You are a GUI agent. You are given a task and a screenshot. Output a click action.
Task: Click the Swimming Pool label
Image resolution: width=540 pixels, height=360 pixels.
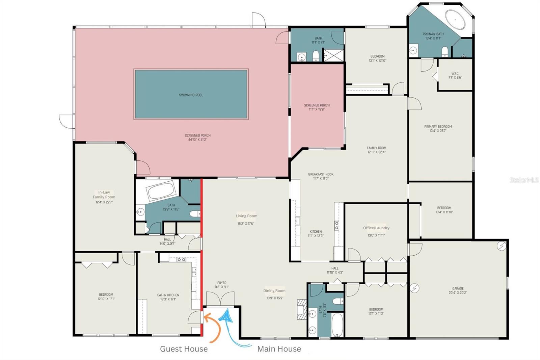191,95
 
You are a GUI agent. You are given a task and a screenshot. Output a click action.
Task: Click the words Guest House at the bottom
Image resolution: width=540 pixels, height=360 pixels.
184,349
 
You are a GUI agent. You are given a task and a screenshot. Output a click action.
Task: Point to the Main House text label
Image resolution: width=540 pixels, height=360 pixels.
279,349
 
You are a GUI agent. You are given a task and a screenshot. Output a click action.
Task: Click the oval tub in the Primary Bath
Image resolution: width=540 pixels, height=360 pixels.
455,19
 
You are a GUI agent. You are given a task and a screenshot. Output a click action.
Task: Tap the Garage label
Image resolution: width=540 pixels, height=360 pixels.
458,290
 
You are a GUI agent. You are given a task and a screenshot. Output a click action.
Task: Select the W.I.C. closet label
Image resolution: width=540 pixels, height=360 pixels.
455,75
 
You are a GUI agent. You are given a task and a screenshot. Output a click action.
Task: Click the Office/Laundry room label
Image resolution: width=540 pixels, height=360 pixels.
376,228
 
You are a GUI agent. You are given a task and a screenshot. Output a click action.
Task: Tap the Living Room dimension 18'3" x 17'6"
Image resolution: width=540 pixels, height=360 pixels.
245,224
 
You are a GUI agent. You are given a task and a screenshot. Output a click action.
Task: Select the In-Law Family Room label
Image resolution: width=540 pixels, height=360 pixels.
104,197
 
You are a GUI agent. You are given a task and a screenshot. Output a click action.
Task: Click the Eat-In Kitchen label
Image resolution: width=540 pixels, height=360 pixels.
168,297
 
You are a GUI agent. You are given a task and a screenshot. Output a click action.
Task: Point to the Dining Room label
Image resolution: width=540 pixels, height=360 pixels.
274,291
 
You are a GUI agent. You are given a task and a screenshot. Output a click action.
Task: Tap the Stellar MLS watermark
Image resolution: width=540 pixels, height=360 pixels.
524,180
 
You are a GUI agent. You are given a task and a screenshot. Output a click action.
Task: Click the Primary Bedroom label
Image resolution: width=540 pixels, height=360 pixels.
438,128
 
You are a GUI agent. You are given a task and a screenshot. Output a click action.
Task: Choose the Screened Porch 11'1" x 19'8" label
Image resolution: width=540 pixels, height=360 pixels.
317,107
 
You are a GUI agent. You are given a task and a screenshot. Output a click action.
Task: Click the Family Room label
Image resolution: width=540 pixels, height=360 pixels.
376,150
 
